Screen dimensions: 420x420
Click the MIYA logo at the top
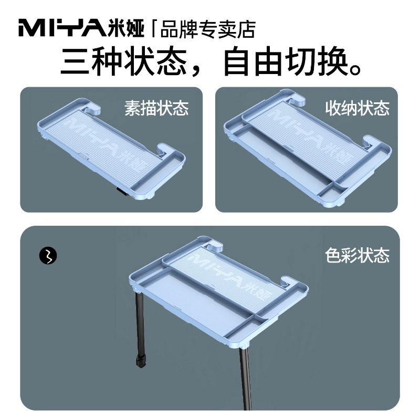[62, 28]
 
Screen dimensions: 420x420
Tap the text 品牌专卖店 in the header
[207, 29]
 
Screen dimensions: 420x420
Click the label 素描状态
[156, 108]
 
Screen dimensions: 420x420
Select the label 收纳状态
[358, 108]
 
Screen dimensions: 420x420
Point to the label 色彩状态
[358, 255]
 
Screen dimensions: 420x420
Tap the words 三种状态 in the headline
[123, 61]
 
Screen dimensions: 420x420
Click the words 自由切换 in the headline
[287, 61]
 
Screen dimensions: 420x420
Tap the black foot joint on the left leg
[141, 361]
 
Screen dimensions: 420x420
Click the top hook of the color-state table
[214, 246]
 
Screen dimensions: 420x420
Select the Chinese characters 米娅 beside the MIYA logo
[127, 28]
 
